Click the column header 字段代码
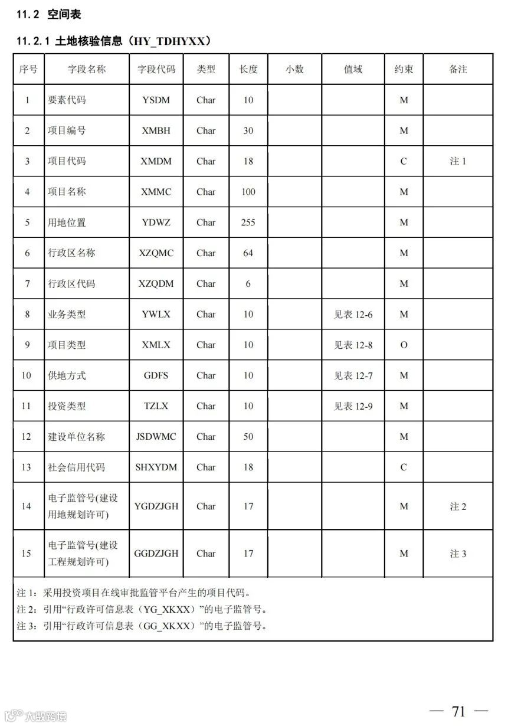pyautogui.click(x=156, y=69)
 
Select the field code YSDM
pyautogui.click(x=156, y=100)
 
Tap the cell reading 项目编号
pyautogui.click(x=67, y=130)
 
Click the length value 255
pyautogui.click(x=248, y=223)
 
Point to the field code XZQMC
pyautogui.click(x=156, y=253)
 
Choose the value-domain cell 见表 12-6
pyautogui.click(x=353, y=315)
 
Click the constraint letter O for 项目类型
pyautogui.click(x=404, y=345)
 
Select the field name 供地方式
pyautogui.click(x=67, y=375)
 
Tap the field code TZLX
pyautogui.click(x=156, y=406)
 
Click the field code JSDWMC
pyautogui.click(x=156, y=437)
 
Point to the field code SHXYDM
pyautogui.click(x=156, y=467)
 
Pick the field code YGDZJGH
pyautogui.click(x=156, y=506)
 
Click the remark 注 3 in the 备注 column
pyautogui.click(x=458, y=554)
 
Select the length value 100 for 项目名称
pyautogui.click(x=248, y=192)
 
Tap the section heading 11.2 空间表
pyautogui.click(x=49, y=15)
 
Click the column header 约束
pyautogui.click(x=404, y=69)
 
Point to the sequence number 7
pyautogui.click(x=27, y=284)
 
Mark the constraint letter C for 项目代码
pyautogui.click(x=404, y=161)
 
